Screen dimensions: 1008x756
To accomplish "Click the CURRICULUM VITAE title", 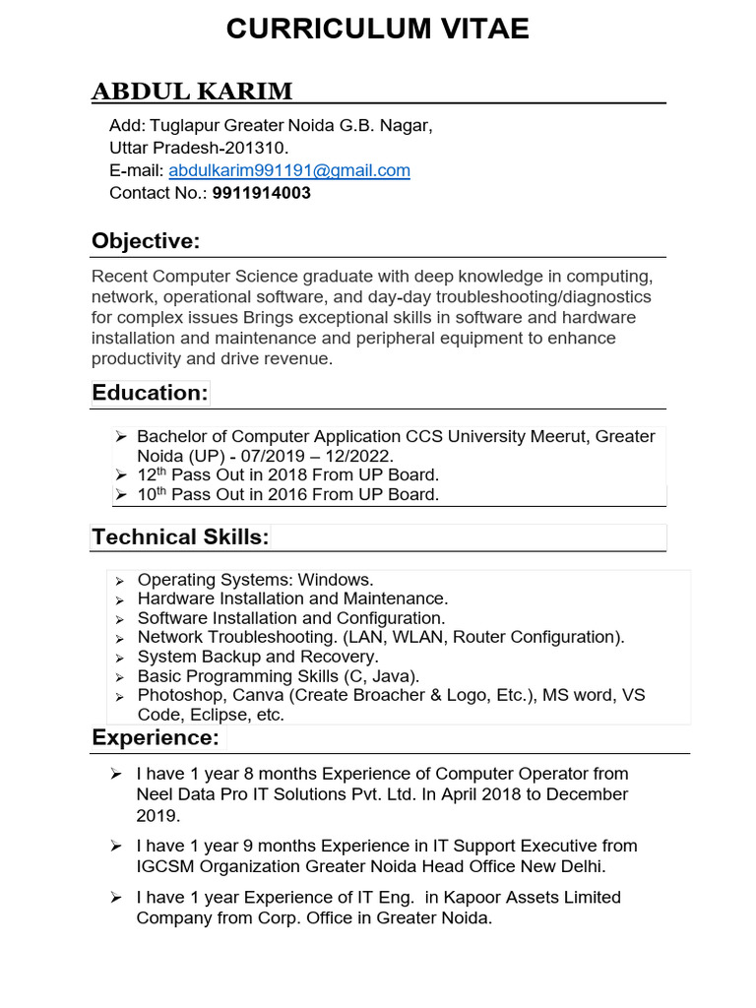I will click(377, 30).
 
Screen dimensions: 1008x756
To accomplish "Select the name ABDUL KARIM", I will click(192, 92).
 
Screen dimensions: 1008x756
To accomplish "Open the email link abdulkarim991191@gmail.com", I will click(289, 170).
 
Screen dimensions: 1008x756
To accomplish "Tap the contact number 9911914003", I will click(262, 193).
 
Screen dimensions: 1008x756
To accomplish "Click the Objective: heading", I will click(146, 241).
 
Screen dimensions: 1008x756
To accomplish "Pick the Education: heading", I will click(150, 393).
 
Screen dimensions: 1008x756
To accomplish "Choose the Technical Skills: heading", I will click(180, 536).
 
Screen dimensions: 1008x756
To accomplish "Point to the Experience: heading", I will click(156, 737).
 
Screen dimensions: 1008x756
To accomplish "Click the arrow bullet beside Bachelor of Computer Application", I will click(121, 436).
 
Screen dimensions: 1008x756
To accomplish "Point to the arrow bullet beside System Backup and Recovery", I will click(119, 658).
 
